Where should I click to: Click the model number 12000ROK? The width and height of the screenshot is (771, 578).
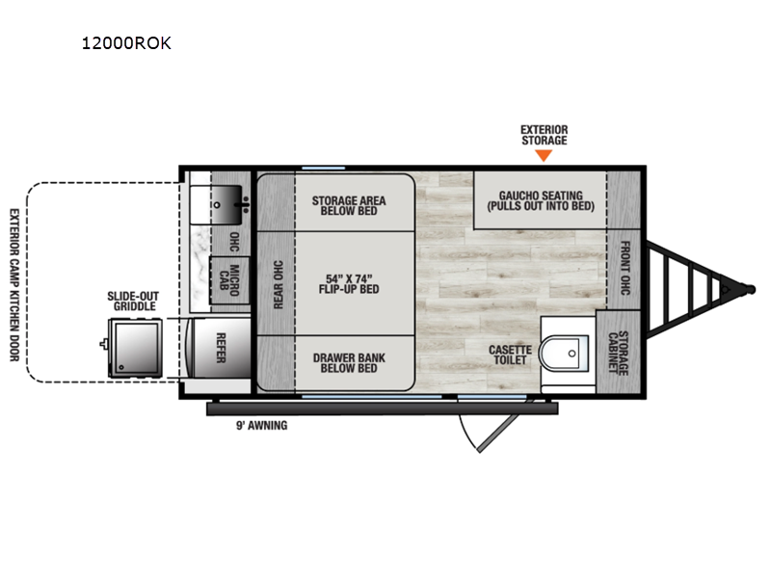click(x=126, y=43)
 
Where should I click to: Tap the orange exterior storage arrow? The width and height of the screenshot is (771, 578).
click(x=544, y=155)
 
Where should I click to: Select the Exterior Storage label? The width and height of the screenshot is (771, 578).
click(x=544, y=135)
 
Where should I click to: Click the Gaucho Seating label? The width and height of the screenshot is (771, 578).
click(x=541, y=200)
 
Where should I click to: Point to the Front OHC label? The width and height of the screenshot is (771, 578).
click(x=625, y=268)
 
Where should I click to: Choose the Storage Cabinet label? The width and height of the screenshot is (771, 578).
click(x=618, y=353)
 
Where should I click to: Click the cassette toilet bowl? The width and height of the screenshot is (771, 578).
click(x=564, y=353)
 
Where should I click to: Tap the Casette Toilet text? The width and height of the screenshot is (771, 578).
click(x=510, y=355)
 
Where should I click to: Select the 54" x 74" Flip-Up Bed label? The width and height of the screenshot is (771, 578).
click(x=349, y=284)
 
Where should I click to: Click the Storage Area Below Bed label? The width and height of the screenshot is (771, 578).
click(x=349, y=205)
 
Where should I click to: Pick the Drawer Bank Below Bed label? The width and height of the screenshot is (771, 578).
click(x=349, y=363)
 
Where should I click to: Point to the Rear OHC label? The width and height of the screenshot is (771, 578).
click(x=278, y=284)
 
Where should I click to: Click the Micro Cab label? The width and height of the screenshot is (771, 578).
click(x=229, y=280)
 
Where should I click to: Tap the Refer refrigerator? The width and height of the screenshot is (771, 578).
click(x=221, y=348)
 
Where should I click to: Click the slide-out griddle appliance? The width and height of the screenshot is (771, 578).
click(x=135, y=348)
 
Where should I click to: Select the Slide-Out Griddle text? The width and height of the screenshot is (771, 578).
click(x=133, y=301)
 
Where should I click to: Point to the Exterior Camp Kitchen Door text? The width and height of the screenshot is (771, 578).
click(x=14, y=285)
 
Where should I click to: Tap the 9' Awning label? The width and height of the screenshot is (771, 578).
click(x=261, y=425)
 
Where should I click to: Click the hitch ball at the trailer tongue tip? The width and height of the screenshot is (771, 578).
click(x=751, y=289)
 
